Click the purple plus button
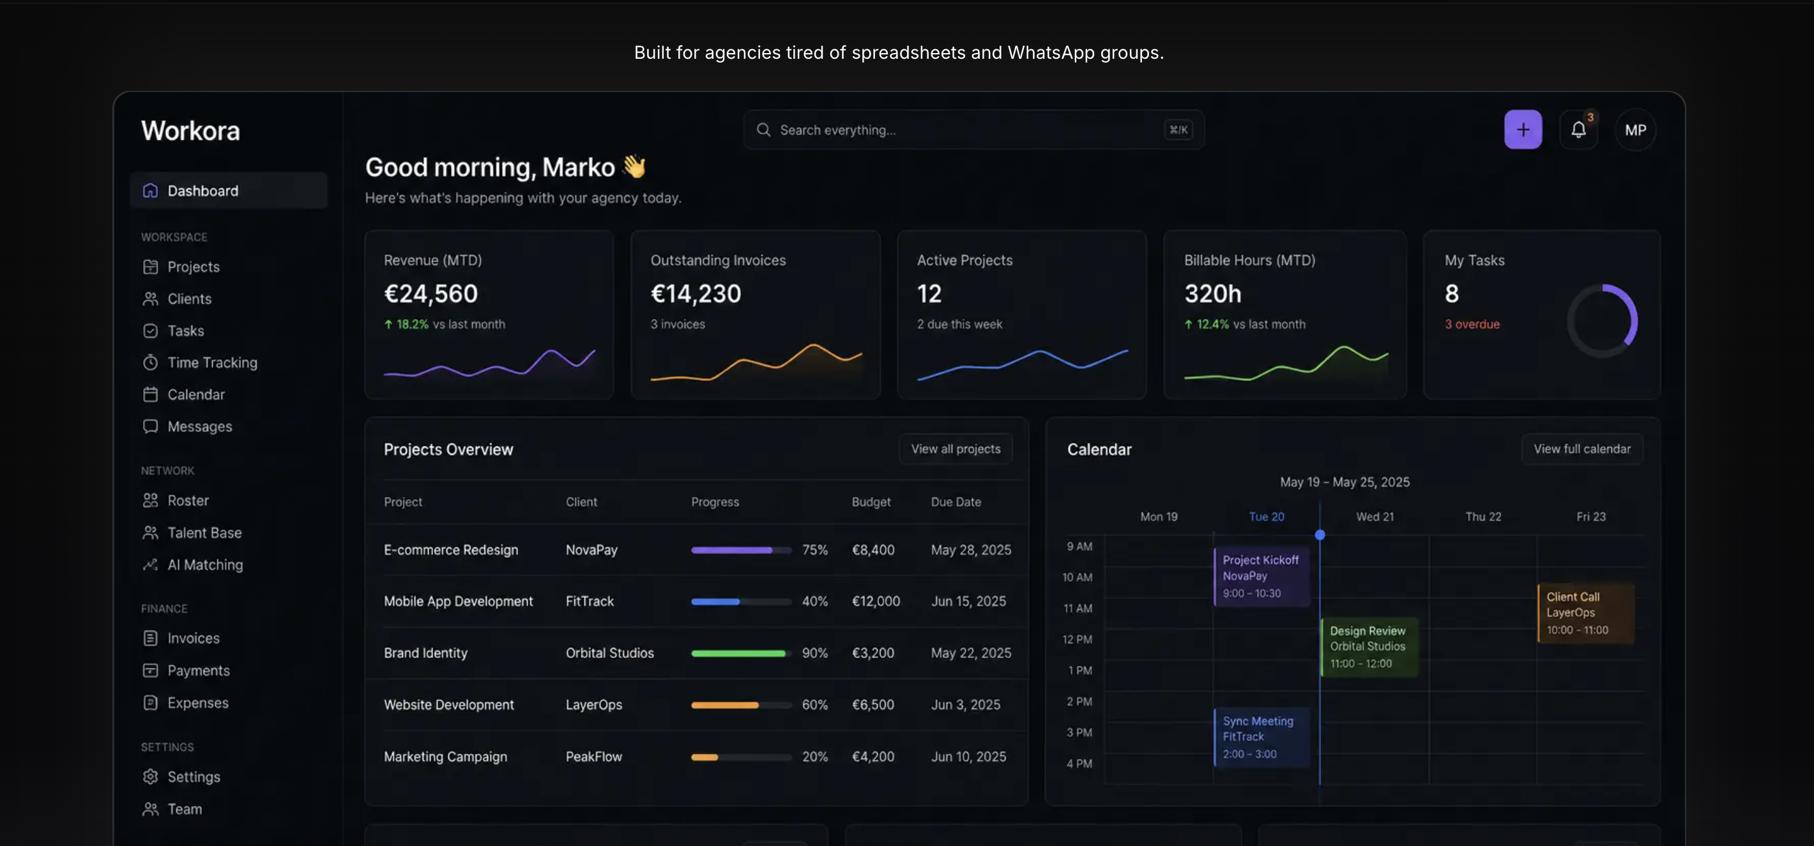1523,130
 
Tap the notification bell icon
1578,130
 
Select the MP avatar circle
1635,130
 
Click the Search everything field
973,130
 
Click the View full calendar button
1582,449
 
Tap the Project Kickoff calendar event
1261,576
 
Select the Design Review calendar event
1368,647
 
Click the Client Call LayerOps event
1585,613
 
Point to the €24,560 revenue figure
431,293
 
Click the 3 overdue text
1472,324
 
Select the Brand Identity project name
425,653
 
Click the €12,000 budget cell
875,601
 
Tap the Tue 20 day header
1266,516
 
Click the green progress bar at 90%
738,654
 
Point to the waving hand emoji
634,166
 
